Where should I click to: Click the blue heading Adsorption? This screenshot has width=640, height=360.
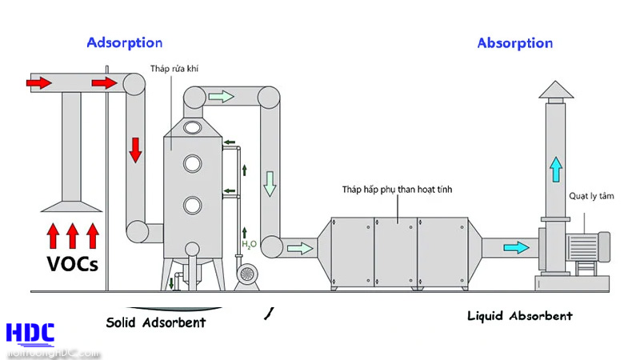pyautogui.click(x=124, y=42)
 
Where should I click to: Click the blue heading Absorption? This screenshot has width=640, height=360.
pyautogui.click(x=515, y=42)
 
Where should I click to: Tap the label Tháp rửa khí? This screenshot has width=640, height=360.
pyautogui.click(x=174, y=70)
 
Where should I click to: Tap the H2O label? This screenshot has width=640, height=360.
pyautogui.click(x=250, y=244)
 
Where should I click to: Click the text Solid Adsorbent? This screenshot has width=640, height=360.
pyautogui.click(x=155, y=322)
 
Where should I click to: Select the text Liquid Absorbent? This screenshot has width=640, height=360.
pyautogui.click(x=520, y=316)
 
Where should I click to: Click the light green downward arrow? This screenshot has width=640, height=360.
pyautogui.click(x=270, y=183)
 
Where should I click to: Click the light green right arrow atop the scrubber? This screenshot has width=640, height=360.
pyautogui.click(x=221, y=97)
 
